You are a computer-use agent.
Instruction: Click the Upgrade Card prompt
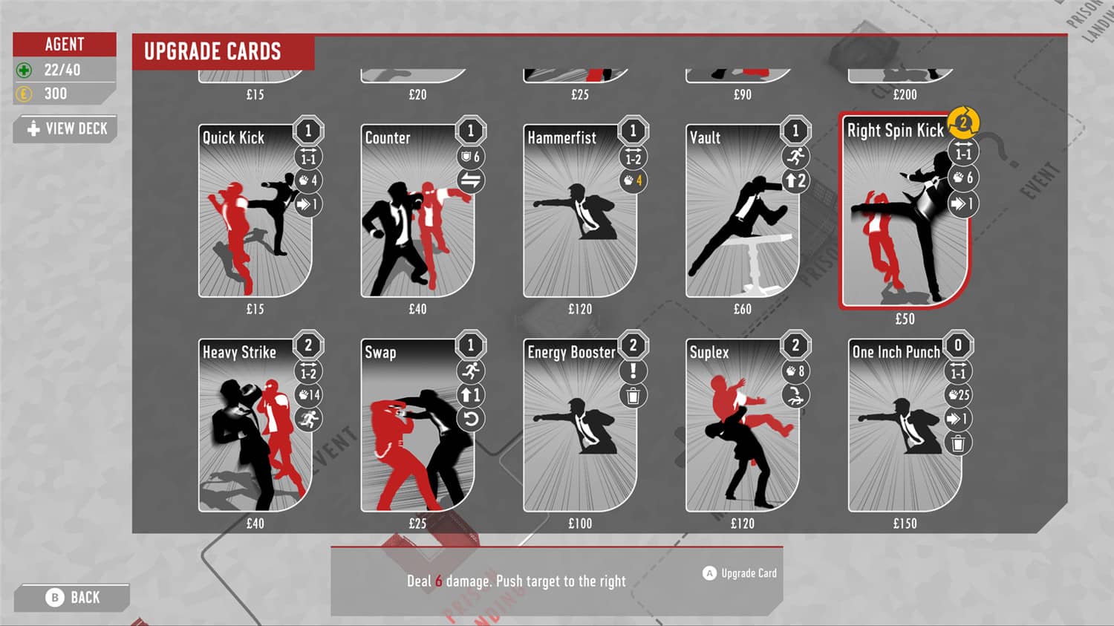[x=740, y=573]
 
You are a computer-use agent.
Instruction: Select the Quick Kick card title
[x=233, y=137]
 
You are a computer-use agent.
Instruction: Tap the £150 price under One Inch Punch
[x=905, y=524]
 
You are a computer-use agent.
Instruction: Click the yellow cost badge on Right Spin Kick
[x=963, y=123]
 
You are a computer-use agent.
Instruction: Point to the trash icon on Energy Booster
[x=633, y=396]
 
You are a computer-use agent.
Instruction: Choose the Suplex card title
[x=709, y=352]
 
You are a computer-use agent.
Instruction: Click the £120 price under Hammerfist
[x=580, y=309]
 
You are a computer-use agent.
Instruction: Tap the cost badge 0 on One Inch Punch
[x=958, y=345]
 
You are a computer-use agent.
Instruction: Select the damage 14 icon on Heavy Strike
[x=308, y=395]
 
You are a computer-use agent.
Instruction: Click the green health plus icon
[x=24, y=71]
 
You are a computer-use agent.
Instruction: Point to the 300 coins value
[x=56, y=94]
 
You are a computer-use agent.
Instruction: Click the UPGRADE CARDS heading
[x=212, y=51]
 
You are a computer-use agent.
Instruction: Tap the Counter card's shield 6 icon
[x=471, y=157]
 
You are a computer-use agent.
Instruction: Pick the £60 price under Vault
[x=742, y=309]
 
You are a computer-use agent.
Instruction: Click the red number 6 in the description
[x=438, y=581]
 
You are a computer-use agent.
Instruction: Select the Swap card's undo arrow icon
[x=471, y=419]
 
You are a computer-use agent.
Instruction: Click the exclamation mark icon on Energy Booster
[x=633, y=371]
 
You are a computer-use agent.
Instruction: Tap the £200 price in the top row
[x=905, y=94]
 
